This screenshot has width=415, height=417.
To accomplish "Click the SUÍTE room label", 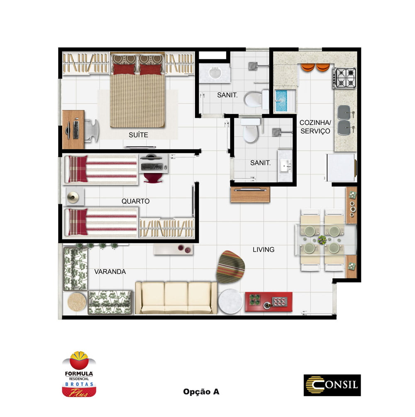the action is pos(139,135).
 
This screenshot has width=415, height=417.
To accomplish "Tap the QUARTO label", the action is pos(136,201).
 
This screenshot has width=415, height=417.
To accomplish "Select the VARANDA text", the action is pos(110,272).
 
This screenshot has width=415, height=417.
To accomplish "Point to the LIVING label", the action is pos(264,250).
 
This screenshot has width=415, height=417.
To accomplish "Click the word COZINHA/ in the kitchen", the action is pos(315,123).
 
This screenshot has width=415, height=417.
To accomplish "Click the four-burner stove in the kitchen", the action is pos(344,78).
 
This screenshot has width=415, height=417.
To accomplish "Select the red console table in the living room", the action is pos(269,302).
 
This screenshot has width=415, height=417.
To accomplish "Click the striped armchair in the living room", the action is pos(230,267).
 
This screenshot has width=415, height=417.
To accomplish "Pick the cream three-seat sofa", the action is pos(176,298).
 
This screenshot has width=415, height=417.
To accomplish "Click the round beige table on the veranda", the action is pos(77,302).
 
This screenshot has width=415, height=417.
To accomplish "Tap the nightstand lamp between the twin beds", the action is pos(73,197).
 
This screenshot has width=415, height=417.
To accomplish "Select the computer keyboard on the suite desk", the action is pos(76,129).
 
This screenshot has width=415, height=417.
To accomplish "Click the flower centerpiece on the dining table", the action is pos(322,240).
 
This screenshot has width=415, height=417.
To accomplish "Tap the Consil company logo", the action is pos(332,385).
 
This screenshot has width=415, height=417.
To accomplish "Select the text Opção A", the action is pos(201,392).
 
